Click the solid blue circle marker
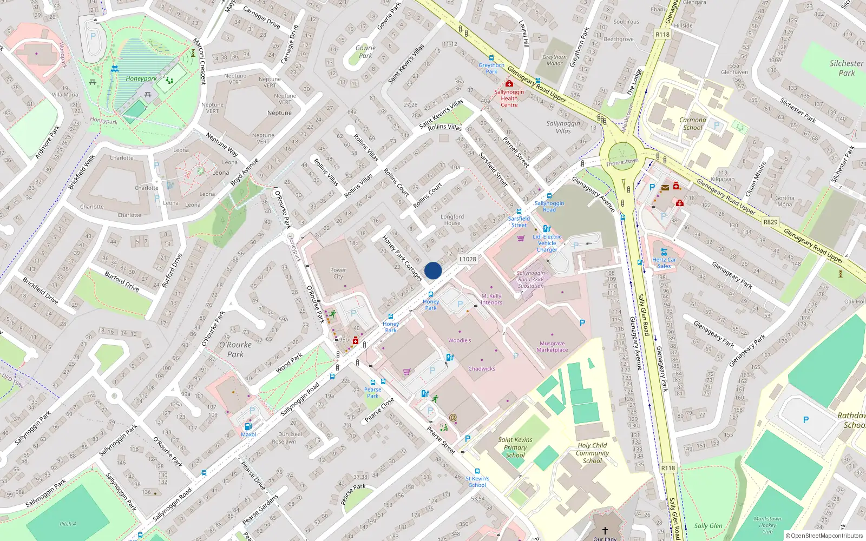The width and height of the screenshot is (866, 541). point(433,270)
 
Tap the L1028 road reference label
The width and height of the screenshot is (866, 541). point(468,259)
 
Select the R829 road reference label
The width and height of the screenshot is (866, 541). point(770,222)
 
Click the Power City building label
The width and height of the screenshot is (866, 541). point(338,273)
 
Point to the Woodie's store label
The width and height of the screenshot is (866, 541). point(460,340)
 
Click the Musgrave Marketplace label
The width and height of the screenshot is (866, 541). point(552,347)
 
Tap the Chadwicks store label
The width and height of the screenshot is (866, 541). point(482,368)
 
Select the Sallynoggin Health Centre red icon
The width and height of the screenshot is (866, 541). point(509,83)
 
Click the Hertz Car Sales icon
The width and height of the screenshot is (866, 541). point(664,252)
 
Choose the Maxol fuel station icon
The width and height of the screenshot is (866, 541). point(248,426)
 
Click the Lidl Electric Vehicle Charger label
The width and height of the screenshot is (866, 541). point(547,243)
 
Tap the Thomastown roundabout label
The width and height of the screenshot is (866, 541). point(622,162)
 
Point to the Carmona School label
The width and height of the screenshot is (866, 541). point(693,124)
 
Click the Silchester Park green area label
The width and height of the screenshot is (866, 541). point(847,68)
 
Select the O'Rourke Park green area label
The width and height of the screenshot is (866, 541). point(235,349)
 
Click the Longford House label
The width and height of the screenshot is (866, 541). point(452,220)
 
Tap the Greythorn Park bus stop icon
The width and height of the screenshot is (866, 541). point(491,58)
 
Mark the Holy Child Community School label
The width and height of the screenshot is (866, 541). point(592,453)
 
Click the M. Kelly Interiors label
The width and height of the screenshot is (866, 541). point(491,299)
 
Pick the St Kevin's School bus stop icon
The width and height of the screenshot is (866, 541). point(477,471)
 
